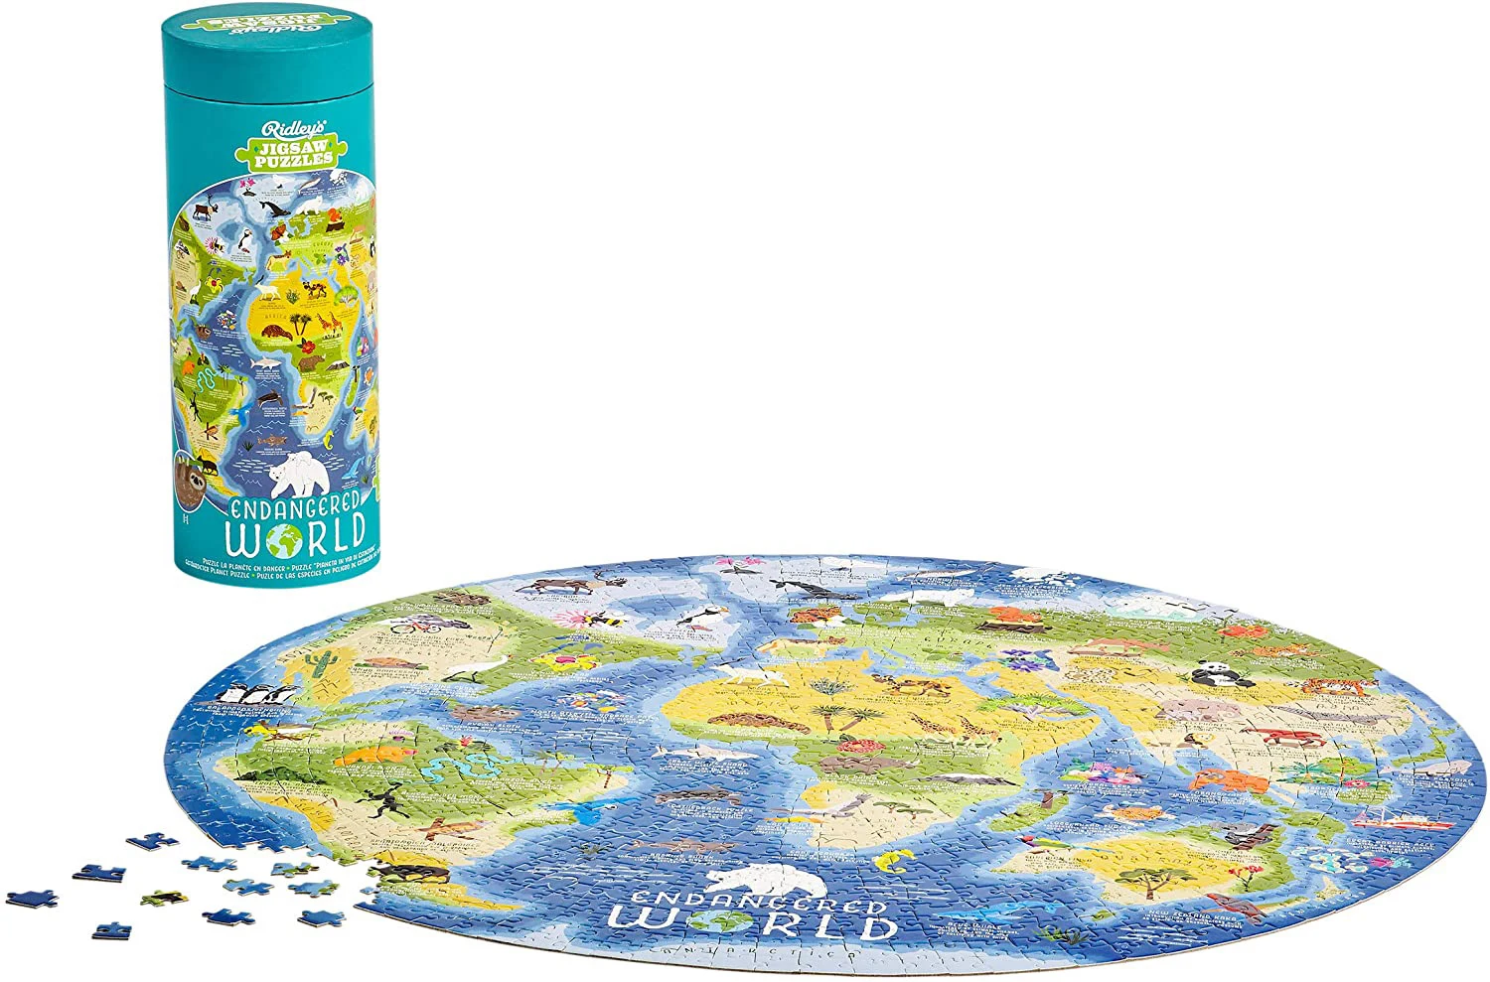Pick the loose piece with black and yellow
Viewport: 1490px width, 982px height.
[x=162, y=899]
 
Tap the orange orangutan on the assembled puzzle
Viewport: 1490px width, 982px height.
[x=1230, y=779]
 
